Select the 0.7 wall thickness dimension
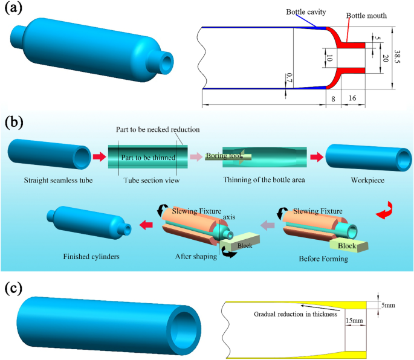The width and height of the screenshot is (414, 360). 288,77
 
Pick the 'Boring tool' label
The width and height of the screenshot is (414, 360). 225,156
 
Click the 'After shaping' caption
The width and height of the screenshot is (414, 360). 194,256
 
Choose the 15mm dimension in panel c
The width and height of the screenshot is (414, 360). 354,321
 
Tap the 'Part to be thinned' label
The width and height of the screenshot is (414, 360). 148,157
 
